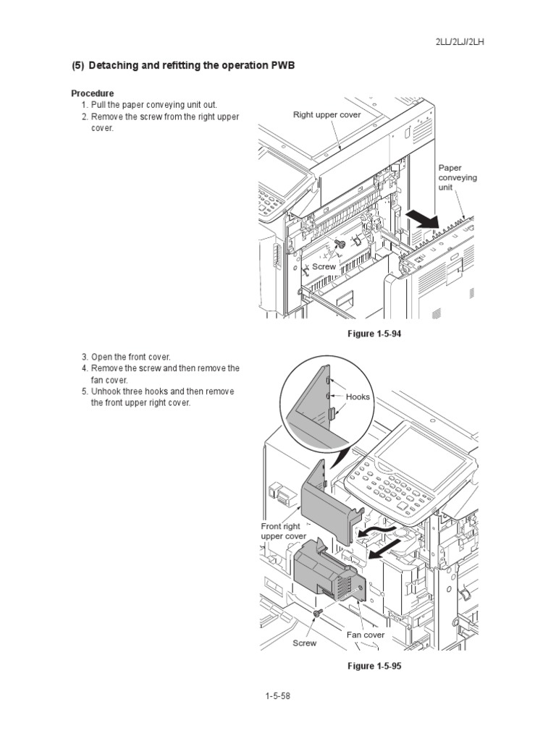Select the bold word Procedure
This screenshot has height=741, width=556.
(92, 94)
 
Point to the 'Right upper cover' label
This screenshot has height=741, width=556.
(327, 115)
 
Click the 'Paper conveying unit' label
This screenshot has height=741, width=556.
(458, 177)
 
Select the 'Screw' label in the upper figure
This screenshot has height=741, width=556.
(324, 267)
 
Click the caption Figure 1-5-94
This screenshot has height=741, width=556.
(374, 334)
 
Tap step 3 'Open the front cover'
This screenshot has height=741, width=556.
(125, 357)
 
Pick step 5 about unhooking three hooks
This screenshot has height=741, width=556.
(158, 391)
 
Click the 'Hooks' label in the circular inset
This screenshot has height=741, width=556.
(358, 397)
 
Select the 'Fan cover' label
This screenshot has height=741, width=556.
(365, 635)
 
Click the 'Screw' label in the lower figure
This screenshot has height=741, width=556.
(304, 643)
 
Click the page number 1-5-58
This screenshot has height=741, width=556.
(277, 696)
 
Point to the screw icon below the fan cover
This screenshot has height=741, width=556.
(317, 614)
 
